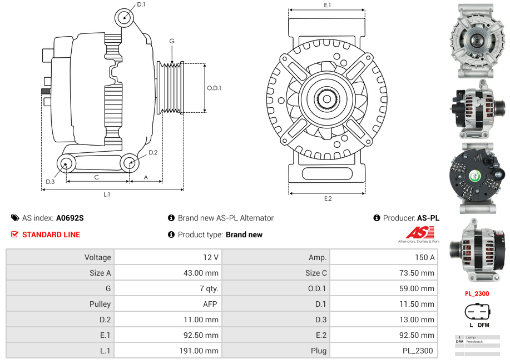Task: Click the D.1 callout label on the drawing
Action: click(141, 4)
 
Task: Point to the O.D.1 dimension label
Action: click(214, 88)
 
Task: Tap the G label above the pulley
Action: click(172, 41)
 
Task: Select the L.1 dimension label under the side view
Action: click(107, 195)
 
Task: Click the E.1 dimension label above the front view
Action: click(328, 5)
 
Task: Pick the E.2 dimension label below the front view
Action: click(328, 199)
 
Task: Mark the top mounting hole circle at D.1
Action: click(125, 18)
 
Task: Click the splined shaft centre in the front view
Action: click(326, 99)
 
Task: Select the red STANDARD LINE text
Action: click(51, 235)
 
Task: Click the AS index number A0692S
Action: click(70, 218)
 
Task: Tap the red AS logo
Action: click(416, 232)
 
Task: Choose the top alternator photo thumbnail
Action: click(477, 42)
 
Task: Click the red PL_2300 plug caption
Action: click(477, 293)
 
